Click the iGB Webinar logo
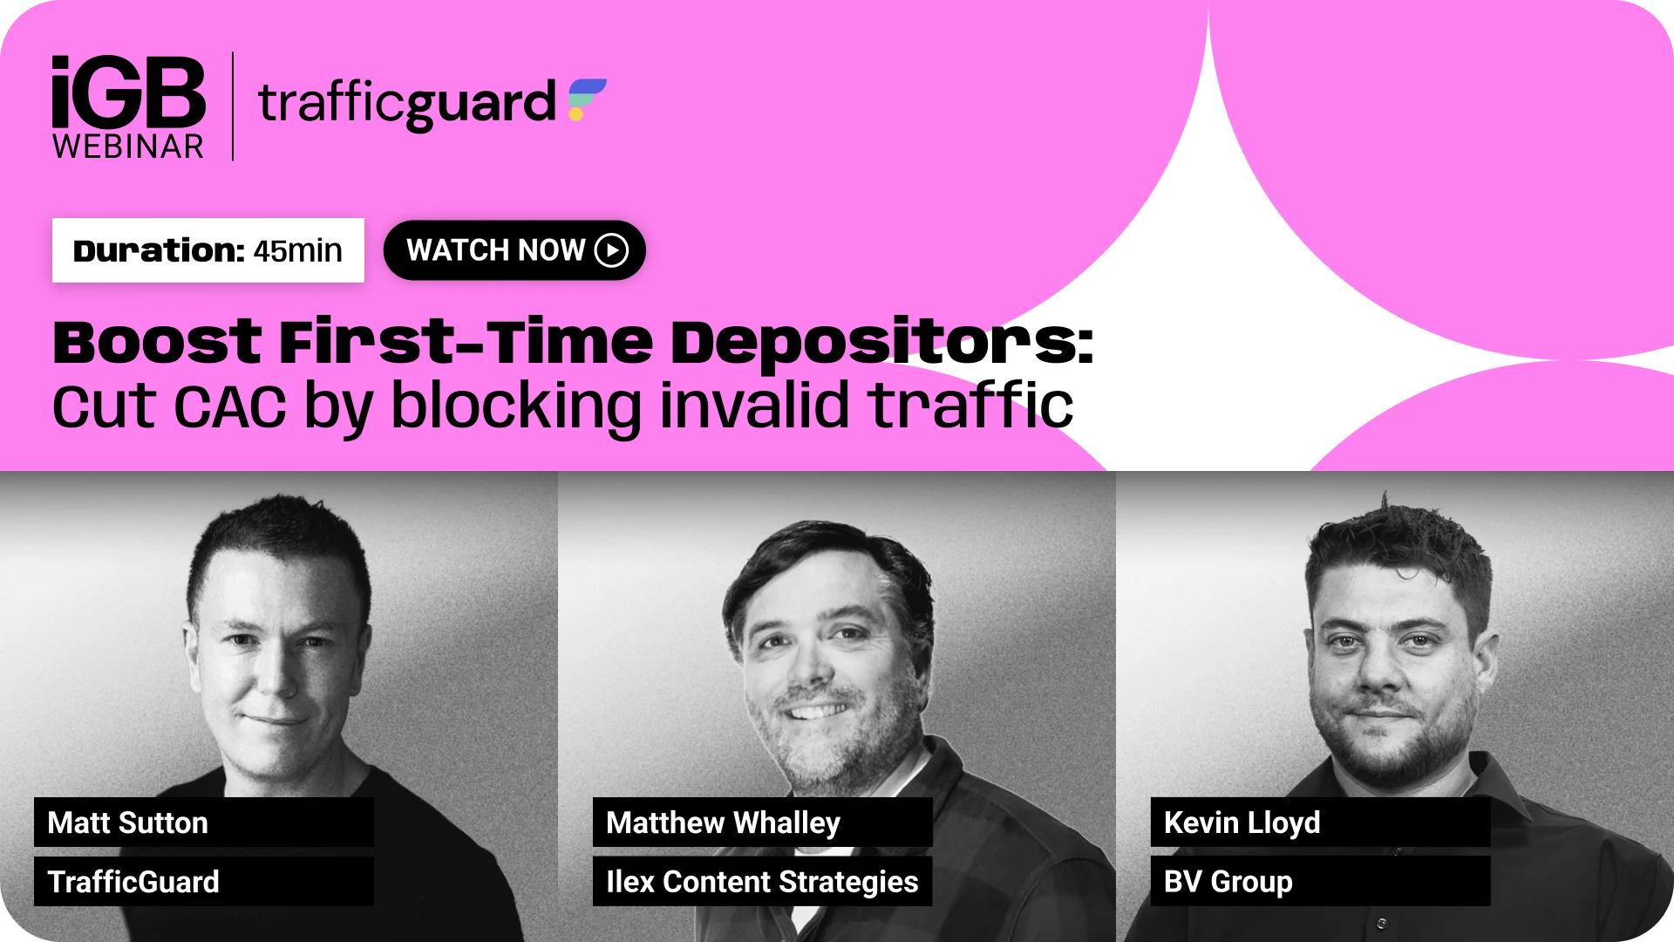pyautogui.click(x=128, y=107)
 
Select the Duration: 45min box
pyautogui.click(x=208, y=250)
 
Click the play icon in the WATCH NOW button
pyautogui.click(x=611, y=250)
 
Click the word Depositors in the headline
pyautogui.click(x=881, y=342)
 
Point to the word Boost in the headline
pyautogui.click(x=157, y=342)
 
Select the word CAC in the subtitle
pyautogui.click(x=230, y=407)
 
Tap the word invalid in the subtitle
pyautogui.click(x=754, y=406)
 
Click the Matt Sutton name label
pyautogui.click(x=204, y=822)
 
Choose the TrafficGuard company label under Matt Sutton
pyautogui.click(x=204, y=881)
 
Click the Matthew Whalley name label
pyautogui.click(x=762, y=822)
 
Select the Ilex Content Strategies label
pyautogui.click(x=762, y=881)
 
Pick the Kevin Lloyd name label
pyautogui.click(x=1320, y=822)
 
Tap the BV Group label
pyautogui.click(x=1320, y=881)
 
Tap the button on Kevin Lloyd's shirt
pyautogui.click(x=1381, y=923)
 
